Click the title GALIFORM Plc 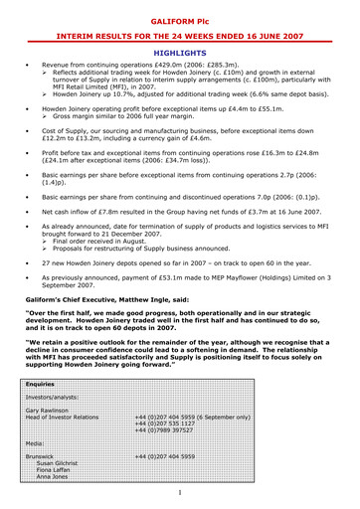click(181, 19)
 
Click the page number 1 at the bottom click(180, 491)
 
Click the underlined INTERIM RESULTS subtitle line click(181, 34)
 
